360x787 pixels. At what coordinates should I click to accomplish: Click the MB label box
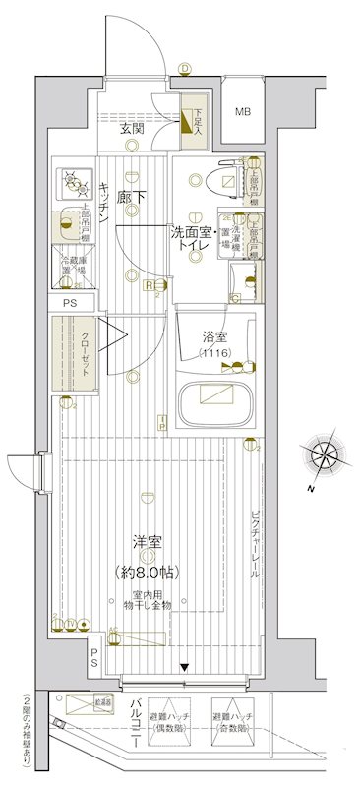(242, 111)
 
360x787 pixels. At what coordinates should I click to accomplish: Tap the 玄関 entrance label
(134, 129)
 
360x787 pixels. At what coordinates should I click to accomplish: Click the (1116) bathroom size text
(215, 353)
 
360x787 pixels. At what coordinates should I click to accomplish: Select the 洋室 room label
(149, 542)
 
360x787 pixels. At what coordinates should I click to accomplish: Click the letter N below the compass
(309, 489)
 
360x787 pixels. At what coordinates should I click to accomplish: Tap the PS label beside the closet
(68, 303)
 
